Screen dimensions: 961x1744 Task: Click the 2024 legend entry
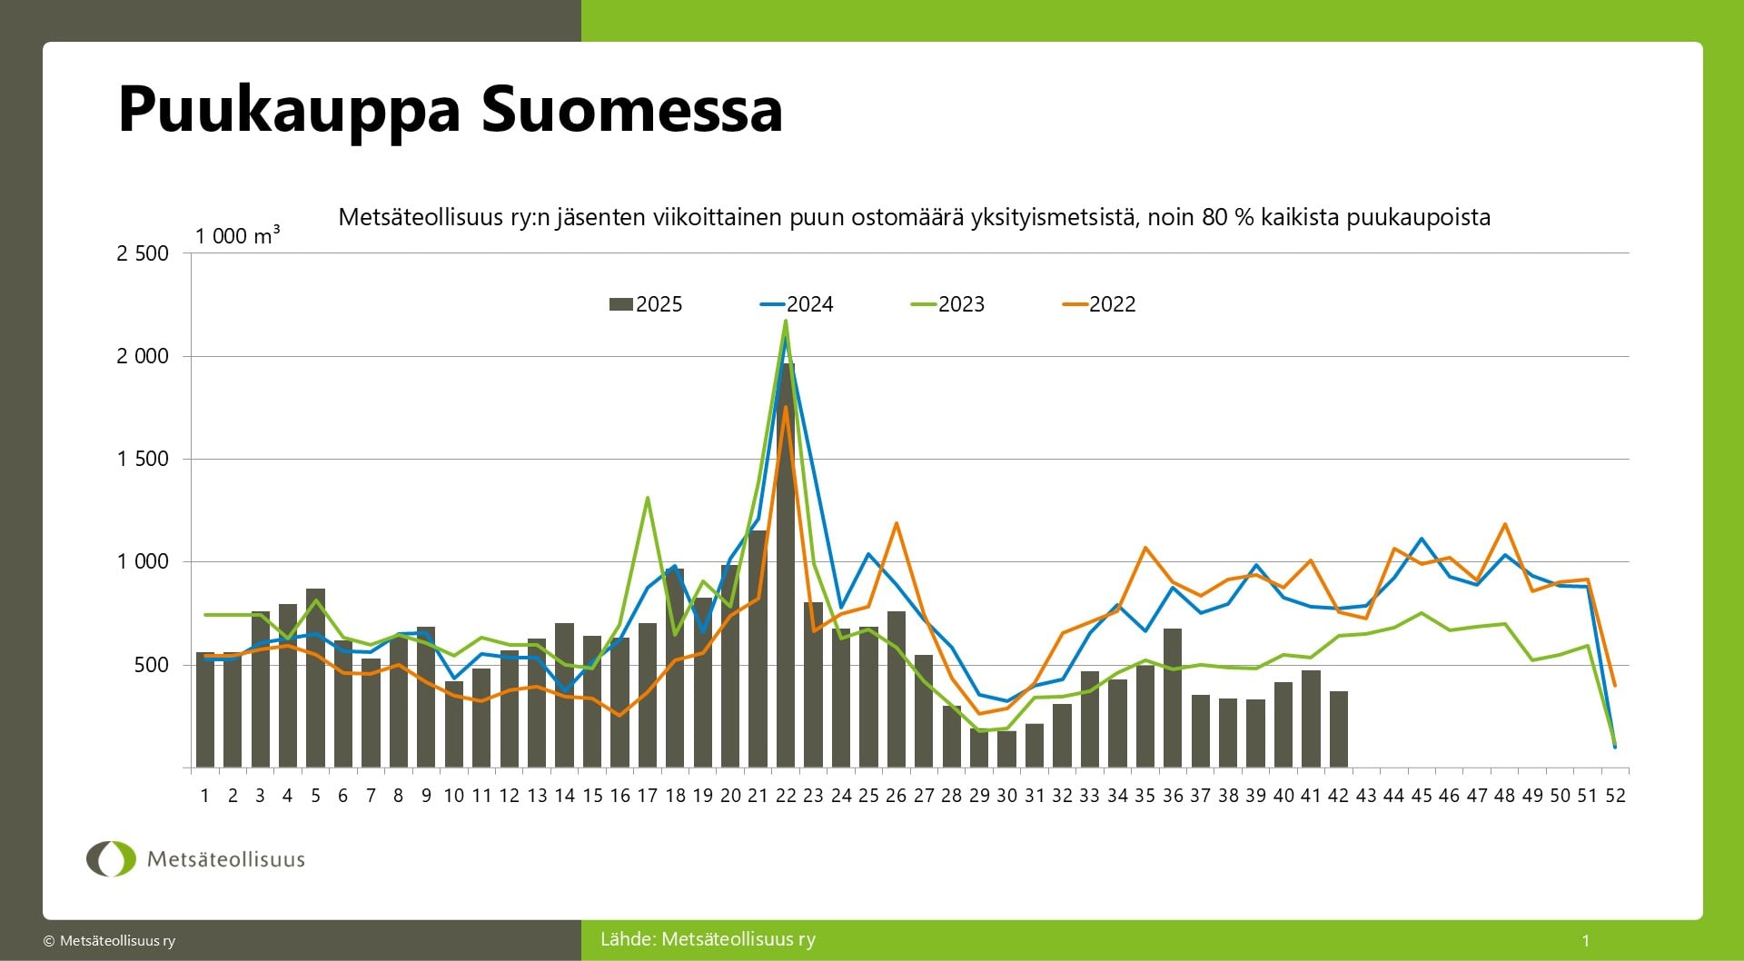797,304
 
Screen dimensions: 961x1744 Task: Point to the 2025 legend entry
646,304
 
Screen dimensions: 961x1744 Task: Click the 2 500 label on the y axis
143,253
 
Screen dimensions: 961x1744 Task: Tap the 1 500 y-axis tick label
143,459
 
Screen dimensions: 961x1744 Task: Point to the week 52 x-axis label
1615,796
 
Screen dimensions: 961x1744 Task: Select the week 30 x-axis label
1006,796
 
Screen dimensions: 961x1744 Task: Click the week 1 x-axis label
205,796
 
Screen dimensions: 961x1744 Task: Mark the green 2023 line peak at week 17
647,498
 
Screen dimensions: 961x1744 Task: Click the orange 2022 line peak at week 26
897,523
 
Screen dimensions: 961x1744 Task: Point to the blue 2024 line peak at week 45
1422,539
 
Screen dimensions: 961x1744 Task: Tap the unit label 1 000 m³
237,235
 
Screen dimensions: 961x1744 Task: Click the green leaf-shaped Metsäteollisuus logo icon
111,858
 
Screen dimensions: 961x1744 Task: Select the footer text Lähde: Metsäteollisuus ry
708,939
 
